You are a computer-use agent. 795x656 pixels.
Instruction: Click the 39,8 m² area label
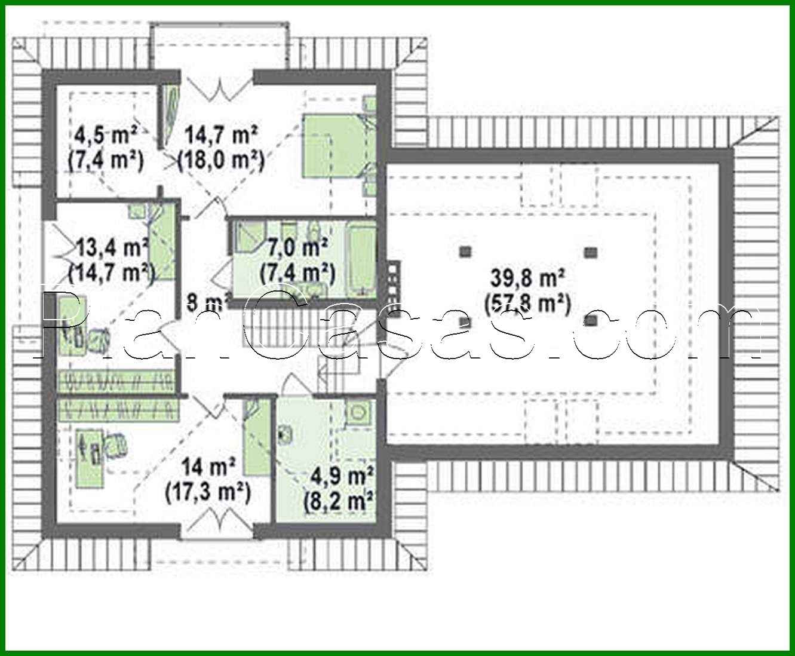point(528,278)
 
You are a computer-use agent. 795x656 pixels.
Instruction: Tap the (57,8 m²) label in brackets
point(527,304)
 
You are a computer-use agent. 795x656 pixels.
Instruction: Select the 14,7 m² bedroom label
point(221,135)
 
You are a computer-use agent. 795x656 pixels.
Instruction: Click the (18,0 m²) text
point(221,160)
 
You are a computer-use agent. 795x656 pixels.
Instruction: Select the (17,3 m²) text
point(207,492)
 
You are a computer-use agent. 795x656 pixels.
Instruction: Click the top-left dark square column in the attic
point(465,252)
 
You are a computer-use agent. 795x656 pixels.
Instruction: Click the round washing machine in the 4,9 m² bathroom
point(358,413)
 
